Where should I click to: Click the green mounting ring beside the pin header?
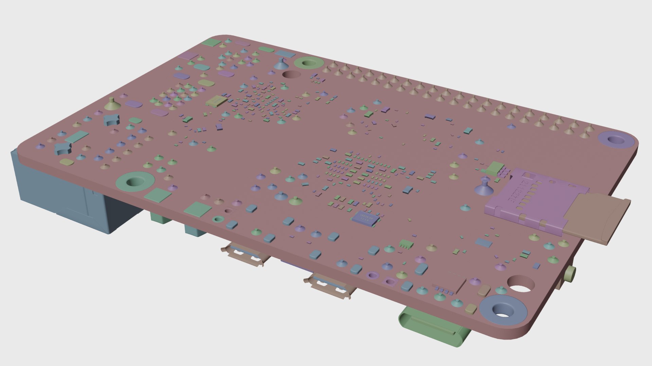[x=308, y=63]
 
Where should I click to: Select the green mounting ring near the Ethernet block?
[x=135, y=182]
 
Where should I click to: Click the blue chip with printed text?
[x=365, y=218]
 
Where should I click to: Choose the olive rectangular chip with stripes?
[x=216, y=101]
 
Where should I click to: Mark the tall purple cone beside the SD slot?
[x=484, y=188]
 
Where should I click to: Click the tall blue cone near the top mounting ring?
[x=281, y=64]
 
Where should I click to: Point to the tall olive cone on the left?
[x=112, y=105]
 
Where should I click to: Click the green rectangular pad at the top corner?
[x=212, y=42]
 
